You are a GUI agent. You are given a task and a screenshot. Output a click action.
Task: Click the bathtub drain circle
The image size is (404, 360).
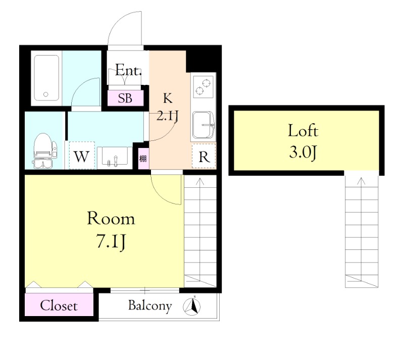tap(46, 94)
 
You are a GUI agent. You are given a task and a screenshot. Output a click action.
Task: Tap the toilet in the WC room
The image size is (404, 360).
tap(44, 151)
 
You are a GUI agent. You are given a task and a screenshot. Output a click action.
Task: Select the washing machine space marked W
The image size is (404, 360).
tap(82, 156)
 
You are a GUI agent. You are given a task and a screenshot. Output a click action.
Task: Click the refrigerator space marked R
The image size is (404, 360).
tap(204, 156)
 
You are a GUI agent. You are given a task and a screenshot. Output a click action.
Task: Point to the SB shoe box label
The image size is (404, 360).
tap(125, 98)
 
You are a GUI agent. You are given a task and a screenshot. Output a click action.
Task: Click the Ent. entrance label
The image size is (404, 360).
tap(128, 70)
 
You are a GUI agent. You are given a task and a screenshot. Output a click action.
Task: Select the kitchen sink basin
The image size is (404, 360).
tap(204, 125)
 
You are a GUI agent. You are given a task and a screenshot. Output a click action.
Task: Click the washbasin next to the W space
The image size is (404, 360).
tap(115, 156)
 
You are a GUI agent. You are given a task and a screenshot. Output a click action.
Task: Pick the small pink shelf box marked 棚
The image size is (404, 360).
tap(143, 159)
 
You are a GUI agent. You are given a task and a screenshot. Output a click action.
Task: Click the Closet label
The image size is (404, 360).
tap(59, 306)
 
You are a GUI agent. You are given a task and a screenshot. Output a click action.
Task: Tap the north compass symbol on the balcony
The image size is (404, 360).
tap(192, 306)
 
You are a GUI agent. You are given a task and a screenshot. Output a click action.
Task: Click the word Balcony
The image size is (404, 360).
tap(150, 306)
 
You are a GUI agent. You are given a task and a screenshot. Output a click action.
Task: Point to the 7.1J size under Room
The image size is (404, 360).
tap(111, 241)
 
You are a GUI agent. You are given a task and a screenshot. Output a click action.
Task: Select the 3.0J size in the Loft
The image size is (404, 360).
tap(302, 152)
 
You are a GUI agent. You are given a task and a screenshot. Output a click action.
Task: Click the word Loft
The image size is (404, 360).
tap(303, 130)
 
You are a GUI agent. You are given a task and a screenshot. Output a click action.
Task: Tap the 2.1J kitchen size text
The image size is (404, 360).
tap(168, 116)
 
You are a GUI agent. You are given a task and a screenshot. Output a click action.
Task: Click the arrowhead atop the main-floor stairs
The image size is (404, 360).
tap(200, 181)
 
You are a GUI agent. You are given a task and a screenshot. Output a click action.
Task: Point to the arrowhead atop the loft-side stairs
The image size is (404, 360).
tap(362, 181)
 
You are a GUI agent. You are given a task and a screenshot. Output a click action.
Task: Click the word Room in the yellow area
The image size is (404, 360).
tap(111, 219)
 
